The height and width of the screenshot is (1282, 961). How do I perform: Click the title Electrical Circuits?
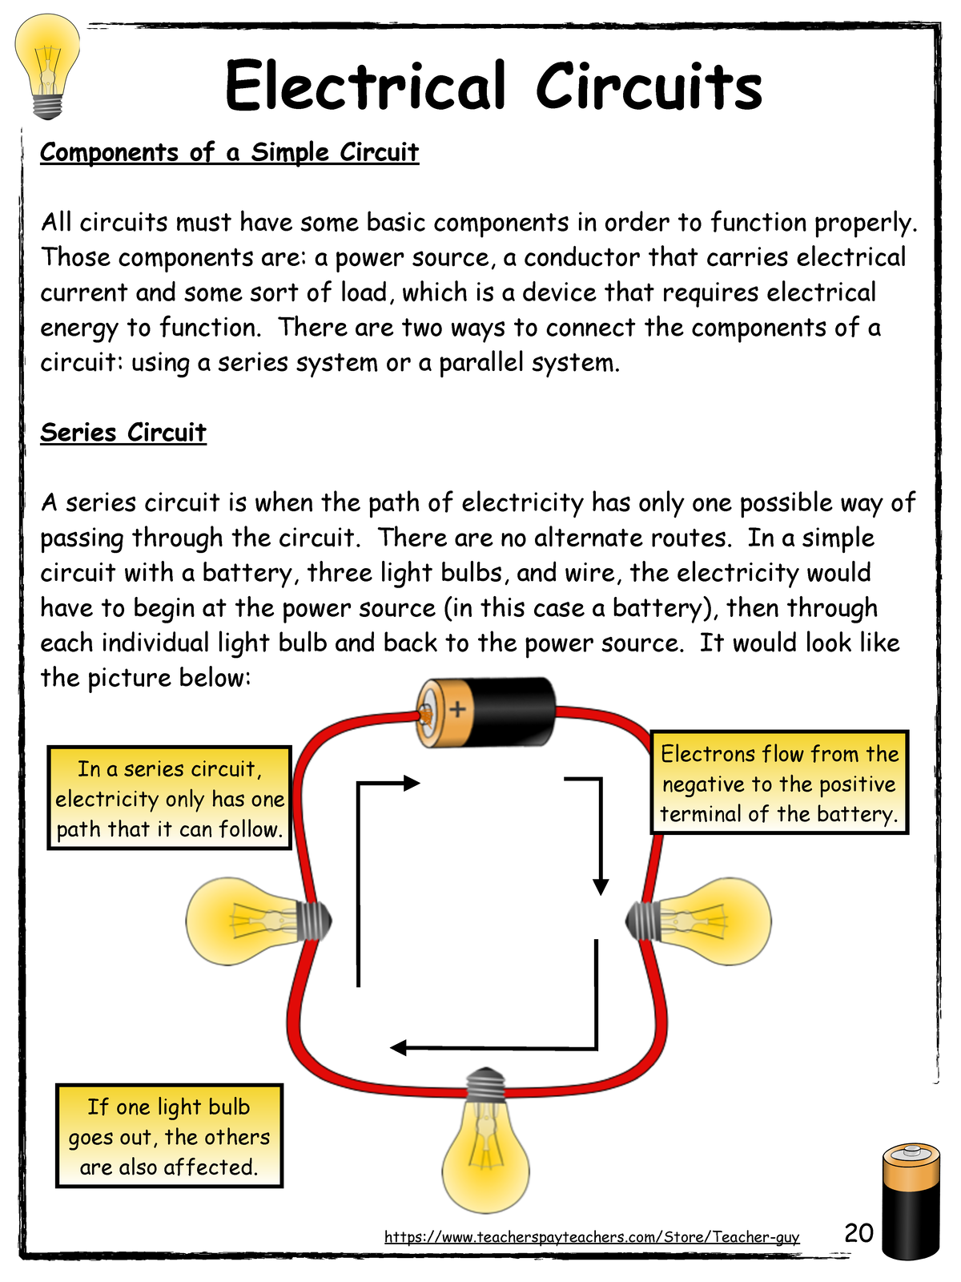point(493,85)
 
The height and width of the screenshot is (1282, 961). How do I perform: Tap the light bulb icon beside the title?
point(47,66)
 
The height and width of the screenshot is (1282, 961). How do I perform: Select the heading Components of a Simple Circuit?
point(229,153)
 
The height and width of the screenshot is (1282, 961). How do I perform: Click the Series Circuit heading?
point(123,433)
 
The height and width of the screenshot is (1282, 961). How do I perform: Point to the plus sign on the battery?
point(457,709)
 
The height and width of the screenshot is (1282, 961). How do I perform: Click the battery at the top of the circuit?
point(485,712)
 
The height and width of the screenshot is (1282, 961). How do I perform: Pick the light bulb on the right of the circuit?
point(698,921)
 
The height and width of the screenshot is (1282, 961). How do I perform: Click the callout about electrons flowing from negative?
point(779,782)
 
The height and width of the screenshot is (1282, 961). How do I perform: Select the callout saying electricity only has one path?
point(169,798)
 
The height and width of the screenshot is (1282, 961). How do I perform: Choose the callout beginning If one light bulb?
point(169,1136)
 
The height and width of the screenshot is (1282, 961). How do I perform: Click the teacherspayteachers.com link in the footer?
point(592,1236)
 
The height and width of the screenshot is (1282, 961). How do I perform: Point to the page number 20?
point(858,1233)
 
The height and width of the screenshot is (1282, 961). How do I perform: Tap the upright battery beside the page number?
point(911,1200)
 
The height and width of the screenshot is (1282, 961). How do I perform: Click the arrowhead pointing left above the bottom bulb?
point(398,1048)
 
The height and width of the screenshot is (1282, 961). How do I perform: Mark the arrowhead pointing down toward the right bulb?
point(601,887)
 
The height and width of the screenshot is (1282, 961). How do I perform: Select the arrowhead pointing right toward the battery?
point(412,783)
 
